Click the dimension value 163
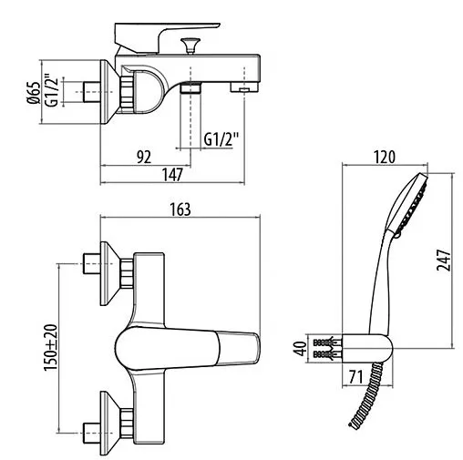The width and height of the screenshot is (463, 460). [180, 209]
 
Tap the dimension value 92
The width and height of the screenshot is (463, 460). [143, 156]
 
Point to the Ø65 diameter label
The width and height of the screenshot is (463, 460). [34, 94]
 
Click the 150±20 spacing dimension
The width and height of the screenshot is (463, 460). [51, 346]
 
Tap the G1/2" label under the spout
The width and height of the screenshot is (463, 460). [221, 139]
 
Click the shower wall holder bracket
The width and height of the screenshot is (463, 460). [374, 347]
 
